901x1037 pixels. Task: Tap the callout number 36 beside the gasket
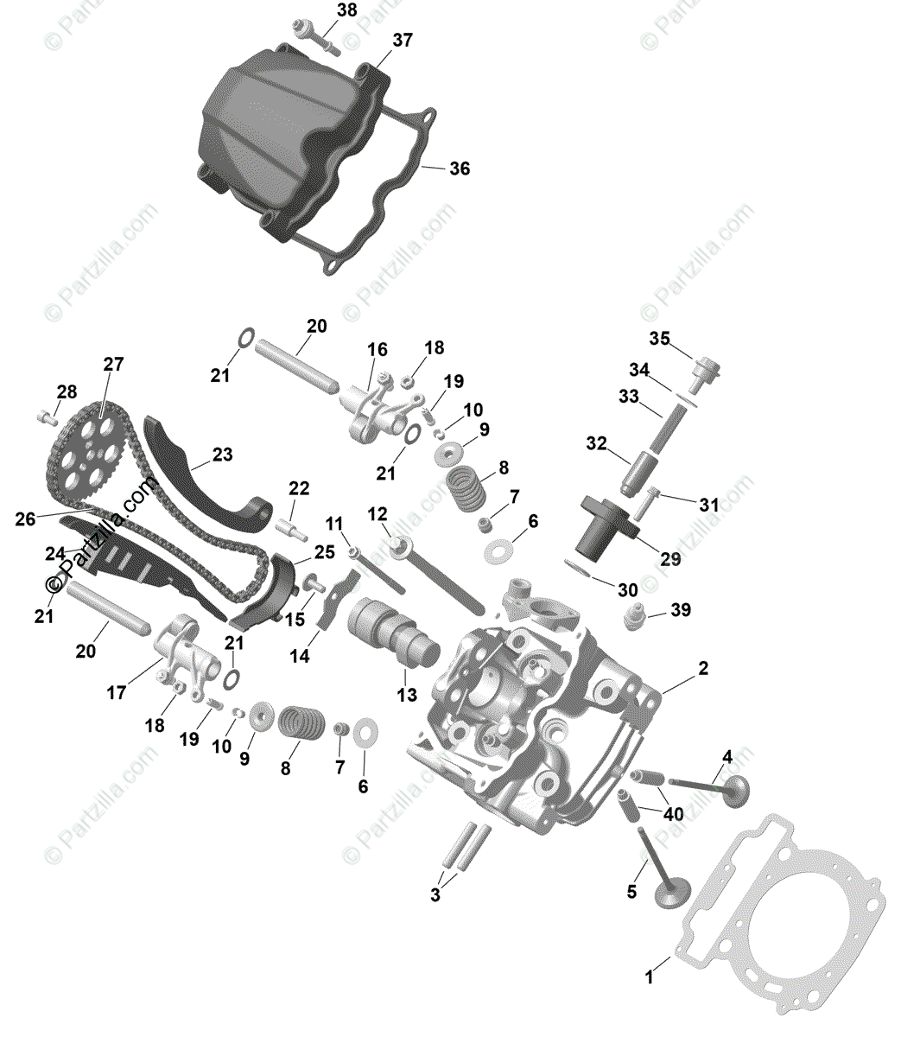pos(460,169)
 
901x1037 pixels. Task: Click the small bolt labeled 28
pos(46,418)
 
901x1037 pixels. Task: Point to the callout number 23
pos(223,455)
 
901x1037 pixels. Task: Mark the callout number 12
pos(378,514)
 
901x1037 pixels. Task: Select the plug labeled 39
pos(635,616)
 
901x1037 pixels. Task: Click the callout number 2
pos(703,668)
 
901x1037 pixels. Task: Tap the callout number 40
pos(673,813)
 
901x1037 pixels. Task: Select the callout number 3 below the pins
pos(435,895)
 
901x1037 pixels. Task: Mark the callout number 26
pos(26,519)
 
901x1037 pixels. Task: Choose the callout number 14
pos(299,656)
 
